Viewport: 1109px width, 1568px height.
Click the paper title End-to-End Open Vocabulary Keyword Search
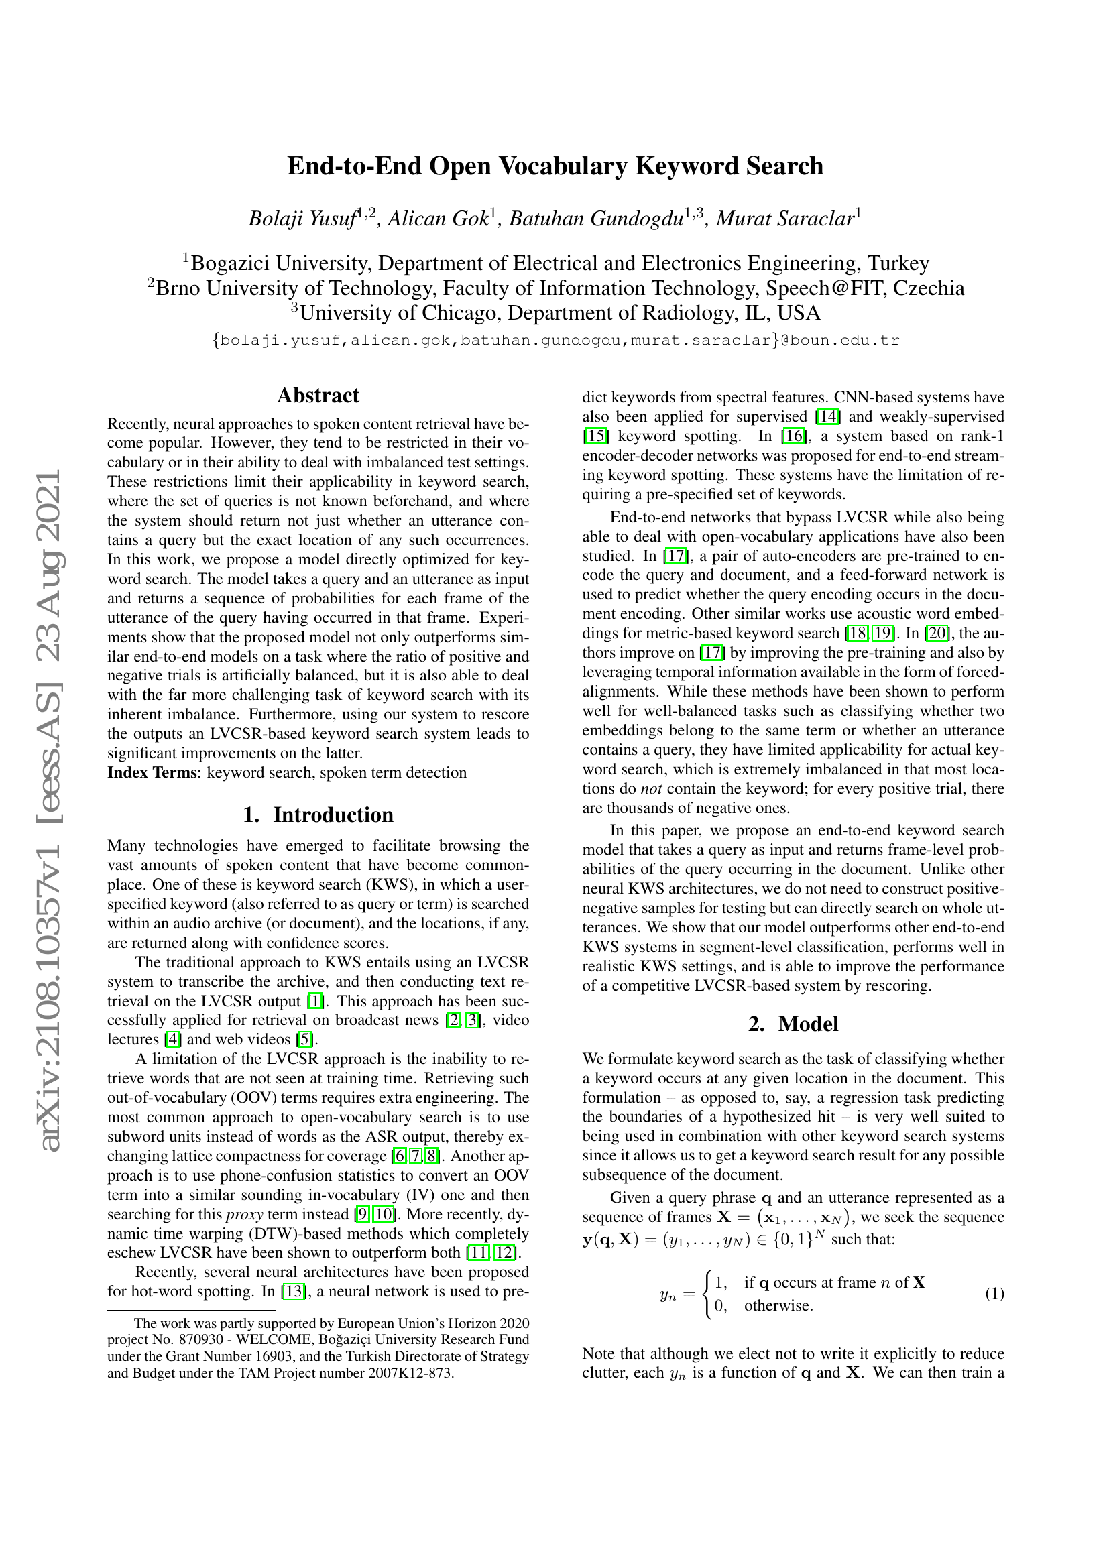(554, 167)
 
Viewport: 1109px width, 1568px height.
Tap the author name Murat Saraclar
(784, 219)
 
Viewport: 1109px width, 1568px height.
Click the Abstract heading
(318, 396)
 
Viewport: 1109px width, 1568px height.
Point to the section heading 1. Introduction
(318, 815)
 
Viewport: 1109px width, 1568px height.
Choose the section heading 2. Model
(793, 1024)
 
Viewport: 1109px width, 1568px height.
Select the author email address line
(554, 340)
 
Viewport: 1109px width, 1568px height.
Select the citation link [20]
(936, 633)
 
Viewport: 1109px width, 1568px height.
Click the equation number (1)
(994, 1293)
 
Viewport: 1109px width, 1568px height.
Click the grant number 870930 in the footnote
(205, 1339)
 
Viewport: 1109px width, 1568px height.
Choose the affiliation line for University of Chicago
(554, 313)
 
